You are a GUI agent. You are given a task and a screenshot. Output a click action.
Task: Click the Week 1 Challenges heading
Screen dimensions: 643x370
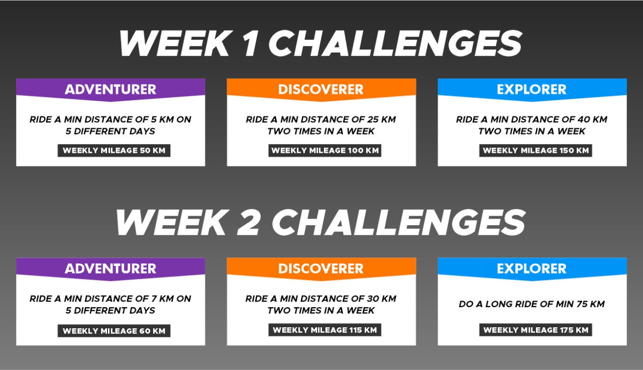click(x=320, y=43)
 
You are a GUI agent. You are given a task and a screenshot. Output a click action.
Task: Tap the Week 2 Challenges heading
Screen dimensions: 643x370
click(x=320, y=222)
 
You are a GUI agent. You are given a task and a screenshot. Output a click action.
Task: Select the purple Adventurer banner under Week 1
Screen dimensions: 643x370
click(x=111, y=89)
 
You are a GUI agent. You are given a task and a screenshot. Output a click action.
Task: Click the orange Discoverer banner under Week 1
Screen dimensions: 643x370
click(x=321, y=89)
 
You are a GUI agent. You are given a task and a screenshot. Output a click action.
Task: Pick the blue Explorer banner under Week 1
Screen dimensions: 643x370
click(x=532, y=89)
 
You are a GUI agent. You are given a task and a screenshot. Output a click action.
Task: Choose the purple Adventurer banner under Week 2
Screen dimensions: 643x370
click(x=111, y=268)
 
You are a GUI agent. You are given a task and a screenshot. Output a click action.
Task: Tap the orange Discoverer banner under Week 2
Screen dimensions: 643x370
click(x=321, y=268)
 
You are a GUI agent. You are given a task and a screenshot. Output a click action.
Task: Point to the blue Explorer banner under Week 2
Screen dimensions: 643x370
click(x=532, y=268)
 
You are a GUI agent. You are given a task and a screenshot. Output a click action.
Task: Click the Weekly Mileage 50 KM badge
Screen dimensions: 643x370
click(x=114, y=150)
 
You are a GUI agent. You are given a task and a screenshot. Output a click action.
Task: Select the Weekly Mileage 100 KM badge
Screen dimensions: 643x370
click(x=325, y=150)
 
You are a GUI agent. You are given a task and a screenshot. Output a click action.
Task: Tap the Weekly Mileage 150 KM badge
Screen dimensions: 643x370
click(x=535, y=150)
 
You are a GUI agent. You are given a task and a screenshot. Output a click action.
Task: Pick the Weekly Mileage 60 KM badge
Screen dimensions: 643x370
click(x=114, y=331)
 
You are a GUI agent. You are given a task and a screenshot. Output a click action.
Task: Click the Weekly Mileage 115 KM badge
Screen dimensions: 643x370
click(x=325, y=330)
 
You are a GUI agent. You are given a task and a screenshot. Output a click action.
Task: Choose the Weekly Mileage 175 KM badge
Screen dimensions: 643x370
click(x=535, y=330)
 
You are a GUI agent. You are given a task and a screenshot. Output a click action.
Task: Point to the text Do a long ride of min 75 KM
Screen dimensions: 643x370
click(x=532, y=304)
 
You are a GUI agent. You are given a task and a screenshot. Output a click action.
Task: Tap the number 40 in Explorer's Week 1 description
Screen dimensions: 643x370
click(x=583, y=119)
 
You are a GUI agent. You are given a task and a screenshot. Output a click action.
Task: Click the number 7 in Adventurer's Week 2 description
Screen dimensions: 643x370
click(x=154, y=299)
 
